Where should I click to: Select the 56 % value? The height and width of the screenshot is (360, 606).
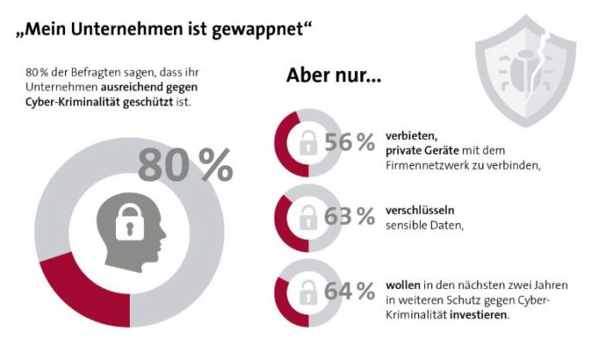click(x=350, y=143)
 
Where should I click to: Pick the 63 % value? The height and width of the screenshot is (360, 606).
click(x=350, y=216)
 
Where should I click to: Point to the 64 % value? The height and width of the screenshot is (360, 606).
click(x=350, y=291)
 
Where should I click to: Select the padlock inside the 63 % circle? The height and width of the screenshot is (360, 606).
click(x=306, y=219)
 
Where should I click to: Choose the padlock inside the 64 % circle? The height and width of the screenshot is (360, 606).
click(x=306, y=293)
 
